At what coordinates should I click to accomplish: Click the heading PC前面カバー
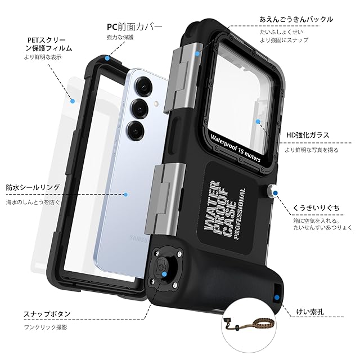134,26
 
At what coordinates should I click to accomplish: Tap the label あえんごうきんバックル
296,19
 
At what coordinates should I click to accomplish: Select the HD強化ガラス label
307,136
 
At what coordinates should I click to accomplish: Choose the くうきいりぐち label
316,208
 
